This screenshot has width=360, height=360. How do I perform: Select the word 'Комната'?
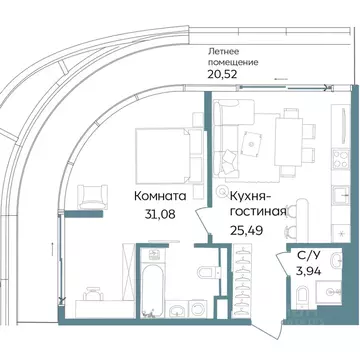[x=159, y=197]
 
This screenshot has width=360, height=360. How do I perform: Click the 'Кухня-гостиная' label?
[x=258, y=204]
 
